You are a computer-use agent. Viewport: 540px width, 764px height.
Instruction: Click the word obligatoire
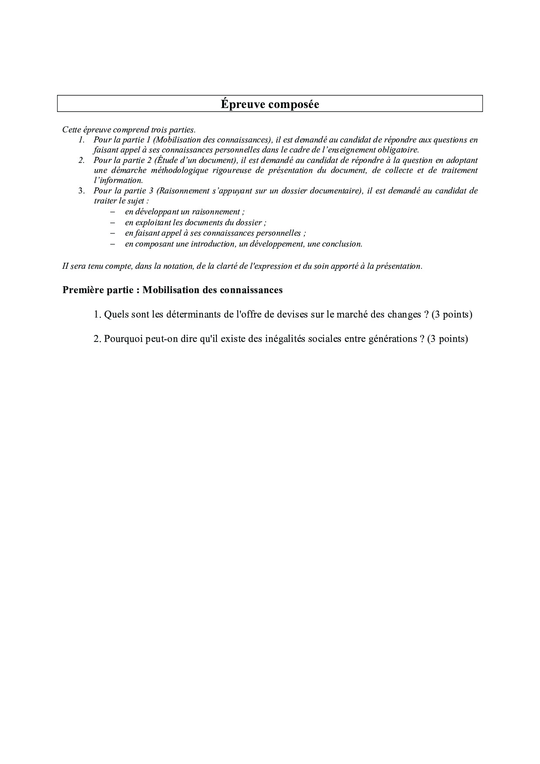point(395,150)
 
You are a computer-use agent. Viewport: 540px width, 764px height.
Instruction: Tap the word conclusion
point(341,244)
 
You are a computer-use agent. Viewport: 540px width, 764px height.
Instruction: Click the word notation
point(173,266)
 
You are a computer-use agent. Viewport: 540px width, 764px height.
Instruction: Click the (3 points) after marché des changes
point(452,314)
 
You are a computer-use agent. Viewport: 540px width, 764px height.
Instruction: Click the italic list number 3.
point(81,191)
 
